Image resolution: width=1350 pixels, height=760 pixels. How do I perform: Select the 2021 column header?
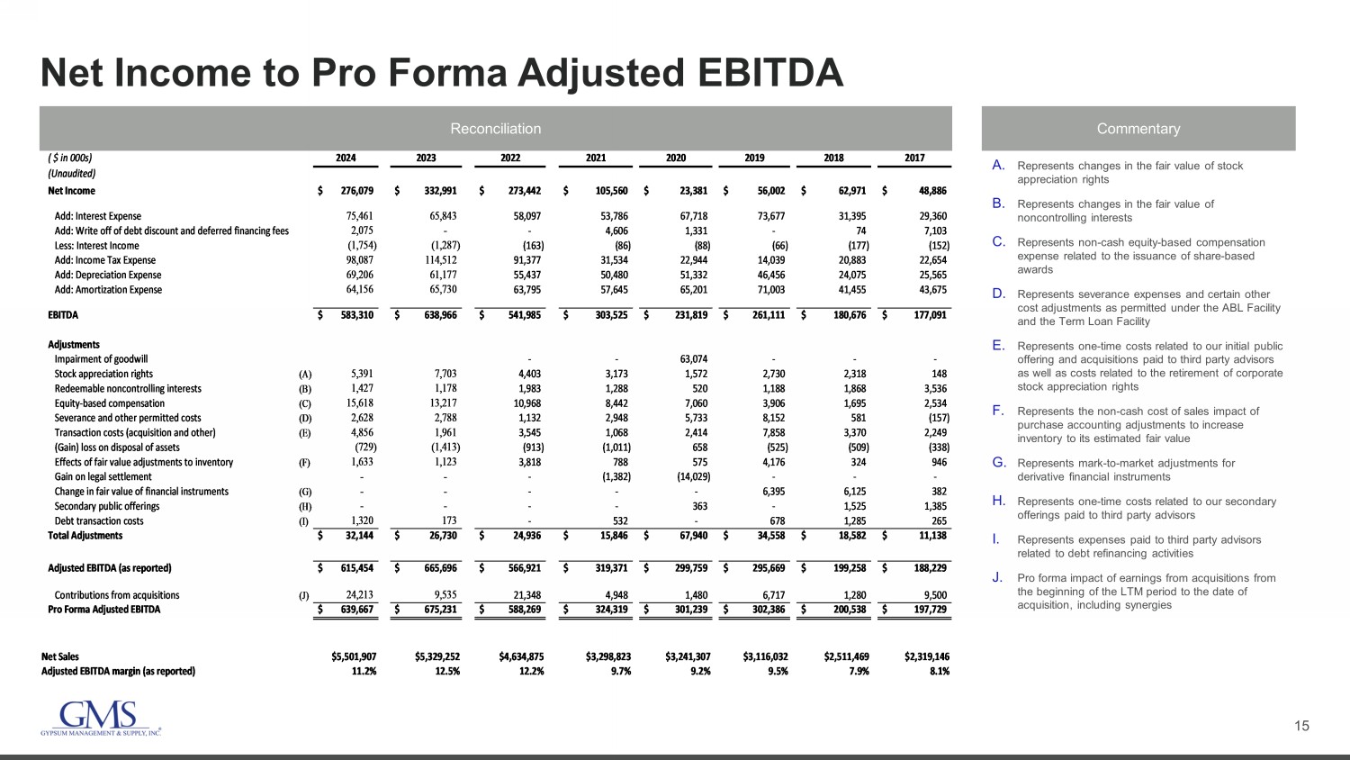[x=596, y=158]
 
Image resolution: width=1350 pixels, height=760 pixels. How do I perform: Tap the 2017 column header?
[x=914, y=158]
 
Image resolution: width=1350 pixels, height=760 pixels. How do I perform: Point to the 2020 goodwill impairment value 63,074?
[x=693, y=359]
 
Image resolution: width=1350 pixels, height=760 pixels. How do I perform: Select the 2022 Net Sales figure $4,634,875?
[x=521, y=656]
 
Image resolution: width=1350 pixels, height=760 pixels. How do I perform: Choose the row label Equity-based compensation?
[x=110, y=403]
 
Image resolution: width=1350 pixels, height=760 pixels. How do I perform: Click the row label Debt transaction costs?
[x=99, y=521]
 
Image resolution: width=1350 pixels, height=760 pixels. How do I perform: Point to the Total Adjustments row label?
[x=85, y=536]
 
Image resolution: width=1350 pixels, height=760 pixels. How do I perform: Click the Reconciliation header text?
[x=495, y=129]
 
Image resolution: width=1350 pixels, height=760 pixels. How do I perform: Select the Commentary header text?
[x=1138, y=129]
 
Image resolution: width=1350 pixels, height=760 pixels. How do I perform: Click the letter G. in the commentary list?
[x=999, y=463]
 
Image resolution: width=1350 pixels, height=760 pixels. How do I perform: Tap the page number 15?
[x=1301, y=726]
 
